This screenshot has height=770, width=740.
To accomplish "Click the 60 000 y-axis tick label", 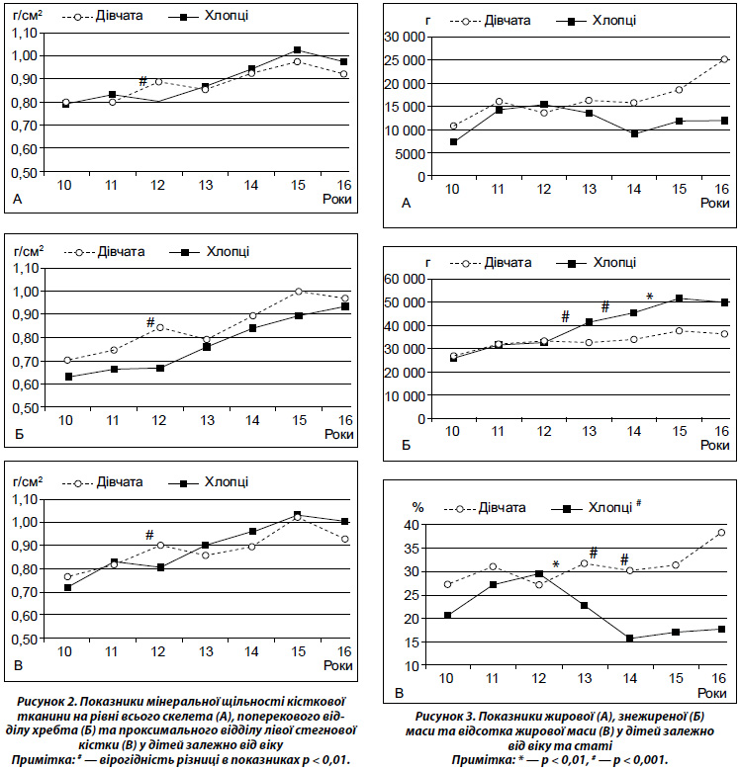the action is pos(405,280).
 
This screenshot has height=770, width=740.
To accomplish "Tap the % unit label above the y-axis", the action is pos(417,507).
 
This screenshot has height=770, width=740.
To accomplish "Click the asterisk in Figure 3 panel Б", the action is pos(650,297).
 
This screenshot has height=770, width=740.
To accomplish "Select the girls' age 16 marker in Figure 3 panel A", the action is pos(724,59).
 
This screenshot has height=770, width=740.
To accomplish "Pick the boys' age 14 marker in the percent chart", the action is pos(629,639).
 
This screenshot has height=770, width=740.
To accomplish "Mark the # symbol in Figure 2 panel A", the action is pos(143,81).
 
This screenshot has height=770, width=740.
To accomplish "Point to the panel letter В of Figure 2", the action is pos(18,666).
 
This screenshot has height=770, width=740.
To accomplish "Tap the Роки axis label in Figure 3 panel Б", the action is pos(715,445).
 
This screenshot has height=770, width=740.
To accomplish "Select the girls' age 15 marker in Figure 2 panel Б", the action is pos(298,292).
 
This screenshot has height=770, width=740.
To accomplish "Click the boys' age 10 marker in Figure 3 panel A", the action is pos(453,142).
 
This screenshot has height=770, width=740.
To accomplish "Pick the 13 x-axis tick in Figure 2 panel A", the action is pos(206,185).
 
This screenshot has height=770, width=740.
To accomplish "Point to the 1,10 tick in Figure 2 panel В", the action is pos(25,500).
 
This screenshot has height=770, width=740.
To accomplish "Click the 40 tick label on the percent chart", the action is pos(412,526).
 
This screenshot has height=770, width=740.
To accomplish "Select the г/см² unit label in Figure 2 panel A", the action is pos(28,15).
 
